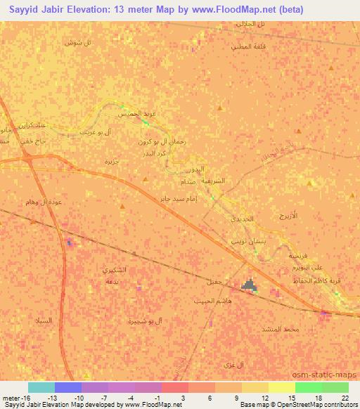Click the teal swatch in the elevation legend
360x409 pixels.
[x=41, y=387]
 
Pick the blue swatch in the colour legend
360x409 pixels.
[x=68, y=387]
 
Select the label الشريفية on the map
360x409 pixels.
[x=213, y=181]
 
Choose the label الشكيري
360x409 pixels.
[x=115, y=270]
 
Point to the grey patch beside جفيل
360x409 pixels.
[x=249, y=285]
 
